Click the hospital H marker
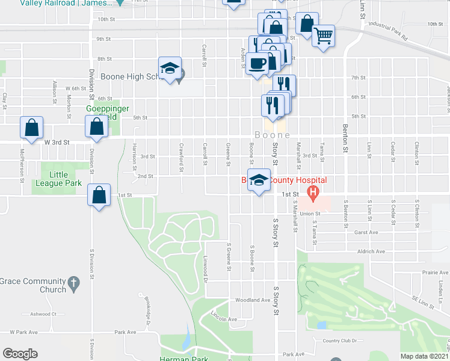[312, 193]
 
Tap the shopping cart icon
[324, 35]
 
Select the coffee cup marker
[257, 63]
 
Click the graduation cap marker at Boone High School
[170, 68]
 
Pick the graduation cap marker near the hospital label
[259, 179]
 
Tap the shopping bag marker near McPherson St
[31, 128]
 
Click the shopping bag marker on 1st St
[99, 195]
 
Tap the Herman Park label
[183, 359]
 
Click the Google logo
[20, 354]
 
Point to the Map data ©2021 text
[424, 356]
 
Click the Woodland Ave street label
[253, 300]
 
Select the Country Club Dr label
[340, 341]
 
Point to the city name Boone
[272, 135]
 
